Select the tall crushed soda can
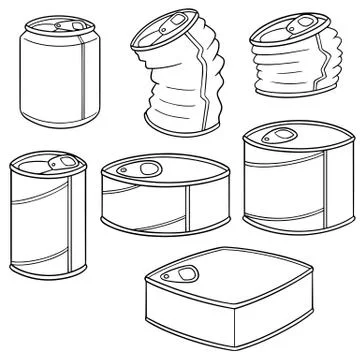(172, 85)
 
